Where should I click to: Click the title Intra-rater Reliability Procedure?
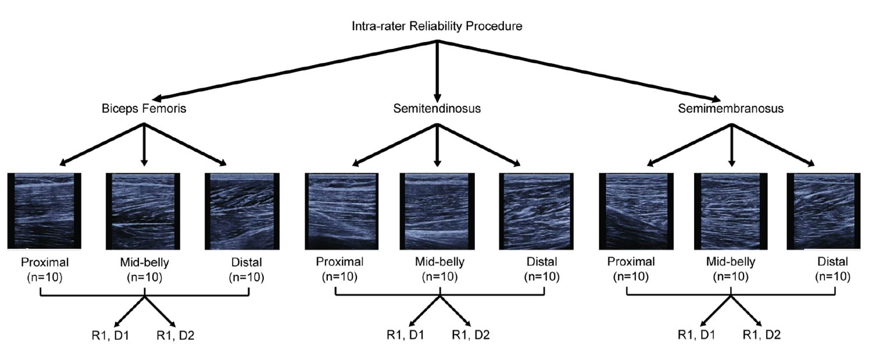tap(437, 26)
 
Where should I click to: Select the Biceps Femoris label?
tap(144, 108)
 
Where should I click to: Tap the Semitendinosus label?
tap(437, 108)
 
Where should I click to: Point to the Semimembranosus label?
tap(730, 108)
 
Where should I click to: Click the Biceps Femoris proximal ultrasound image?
tap(45, 211)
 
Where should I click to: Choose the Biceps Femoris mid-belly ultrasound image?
tap(144, 211)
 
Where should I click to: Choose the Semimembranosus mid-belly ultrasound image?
tap(731, 211)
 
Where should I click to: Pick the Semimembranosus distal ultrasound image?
tap(828, 211)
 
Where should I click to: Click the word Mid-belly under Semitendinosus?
tap(439, 262)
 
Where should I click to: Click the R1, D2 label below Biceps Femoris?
tap(175, 335)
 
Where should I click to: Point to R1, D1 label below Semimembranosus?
tap(696, 335)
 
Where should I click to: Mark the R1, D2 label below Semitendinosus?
tap(471, 335)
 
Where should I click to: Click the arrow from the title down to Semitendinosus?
tap(437, 70)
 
